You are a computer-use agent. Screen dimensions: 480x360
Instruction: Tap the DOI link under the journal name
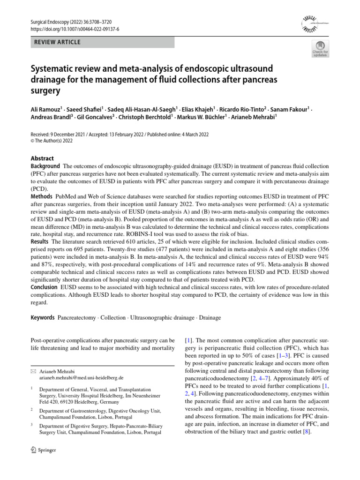pos(75,29)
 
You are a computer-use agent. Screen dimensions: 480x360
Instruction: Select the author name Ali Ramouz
pos(46,109)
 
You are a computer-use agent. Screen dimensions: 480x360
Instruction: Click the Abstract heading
pos(42,158)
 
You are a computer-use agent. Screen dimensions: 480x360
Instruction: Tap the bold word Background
pos(45,166)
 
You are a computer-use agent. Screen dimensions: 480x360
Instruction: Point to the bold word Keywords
pos(43,317)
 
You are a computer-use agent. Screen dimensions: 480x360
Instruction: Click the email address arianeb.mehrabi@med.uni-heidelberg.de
pos(81,377)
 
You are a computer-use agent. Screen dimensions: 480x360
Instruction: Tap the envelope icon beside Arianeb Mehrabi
pos(32,370)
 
